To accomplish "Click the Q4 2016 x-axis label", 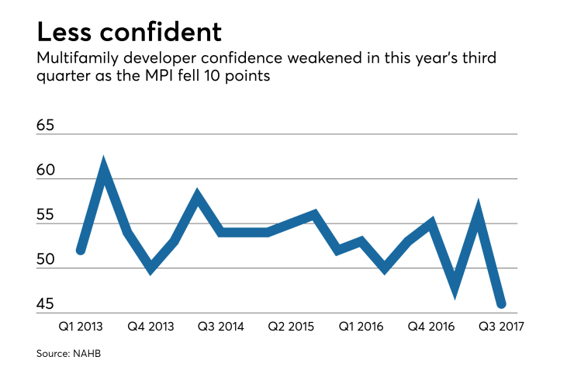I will [430, 327].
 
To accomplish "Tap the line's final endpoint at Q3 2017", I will [501, 304].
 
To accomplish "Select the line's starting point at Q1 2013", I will [81, 251].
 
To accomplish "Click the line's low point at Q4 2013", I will [151, 268].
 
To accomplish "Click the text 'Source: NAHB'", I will [68, 353].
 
